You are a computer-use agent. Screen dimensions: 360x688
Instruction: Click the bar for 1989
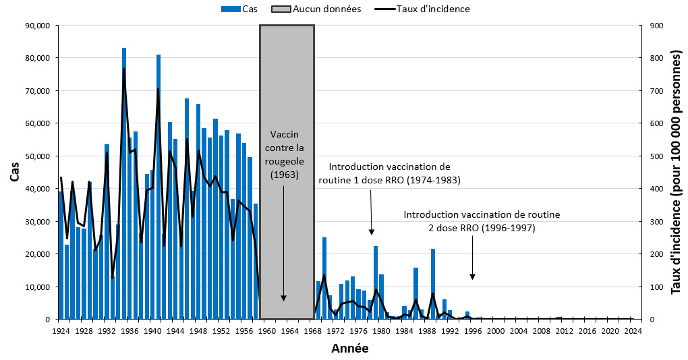[433, 284]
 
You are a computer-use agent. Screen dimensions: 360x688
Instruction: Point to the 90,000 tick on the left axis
[37, 26]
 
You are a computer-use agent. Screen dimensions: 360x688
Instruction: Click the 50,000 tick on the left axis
[37, 156]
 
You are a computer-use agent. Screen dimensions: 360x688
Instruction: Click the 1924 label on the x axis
[61, 331]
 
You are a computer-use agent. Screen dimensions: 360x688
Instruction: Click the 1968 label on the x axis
[312, 331]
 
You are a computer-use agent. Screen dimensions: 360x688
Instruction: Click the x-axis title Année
[349, 349]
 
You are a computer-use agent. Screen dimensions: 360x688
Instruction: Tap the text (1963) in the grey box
[287, 175]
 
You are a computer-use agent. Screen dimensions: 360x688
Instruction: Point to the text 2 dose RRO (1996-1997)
[482, 228]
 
